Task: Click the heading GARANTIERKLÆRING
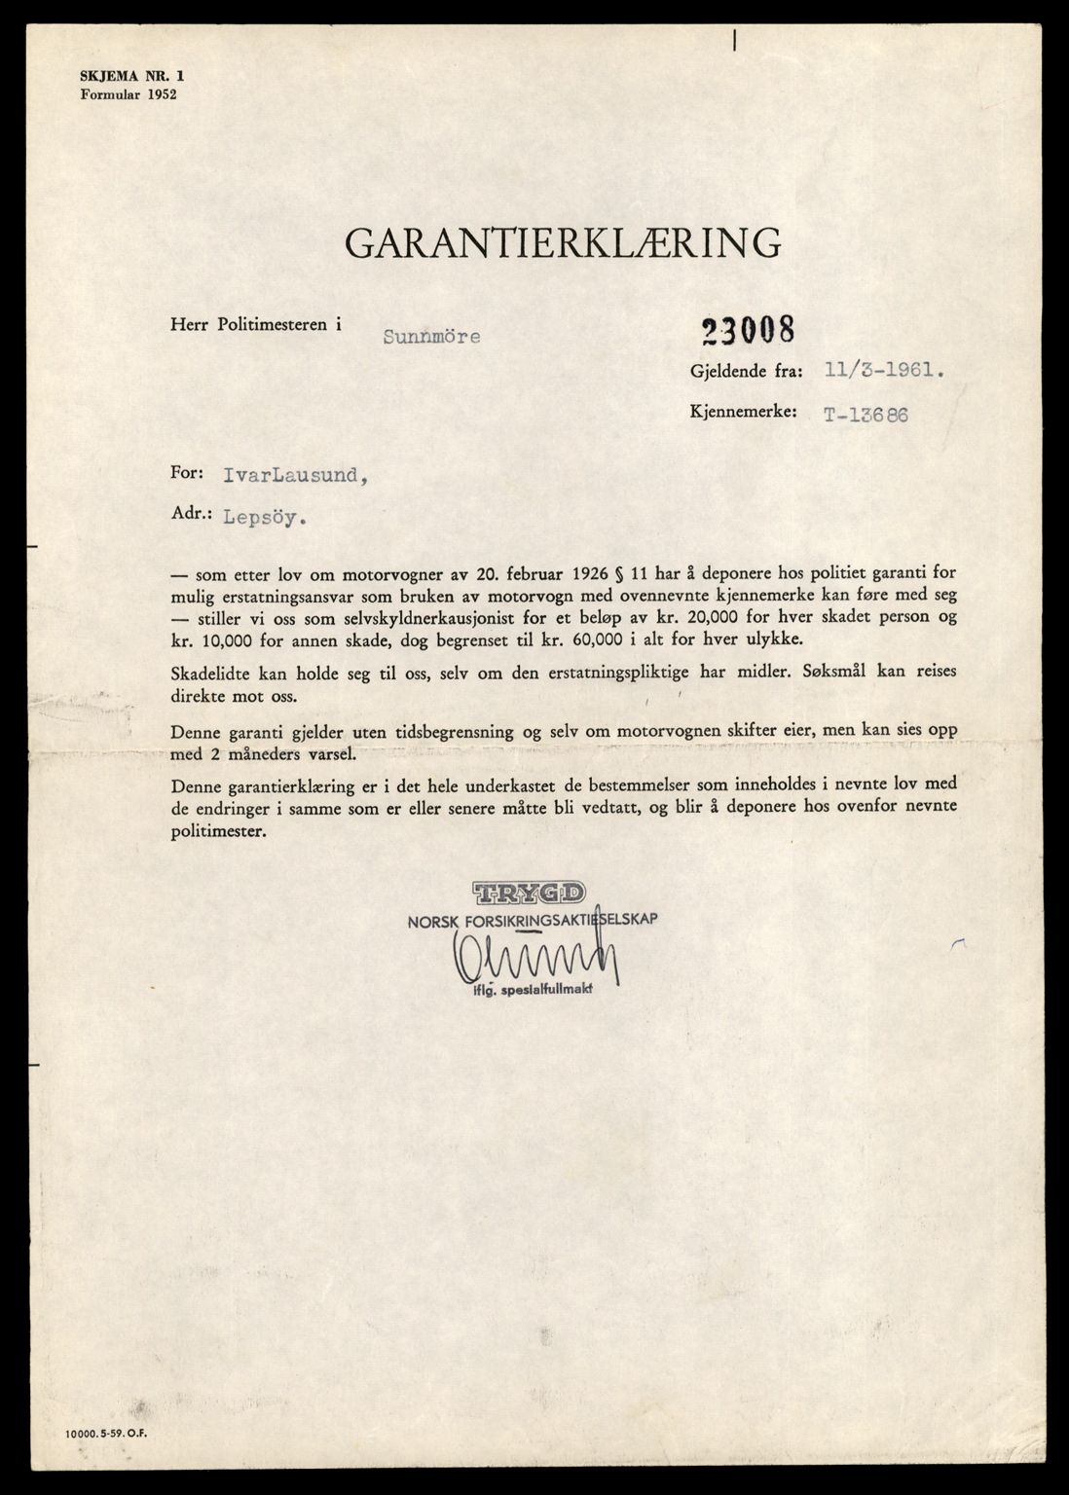564,242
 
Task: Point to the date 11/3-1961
883,371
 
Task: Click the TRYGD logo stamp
530,892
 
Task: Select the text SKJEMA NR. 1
126,76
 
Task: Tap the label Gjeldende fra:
746,371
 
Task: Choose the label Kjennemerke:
743,413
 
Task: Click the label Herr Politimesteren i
256,327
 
